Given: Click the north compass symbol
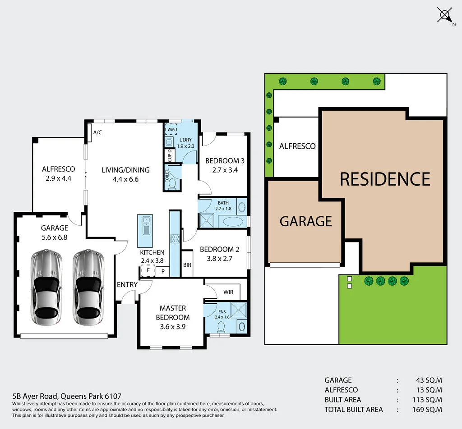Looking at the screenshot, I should (x=444, y=16).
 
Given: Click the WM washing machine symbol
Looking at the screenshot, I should (x=171, y=130).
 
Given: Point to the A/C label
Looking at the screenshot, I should (x=97, y=132).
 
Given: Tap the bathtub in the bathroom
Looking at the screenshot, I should (x=232, y=222).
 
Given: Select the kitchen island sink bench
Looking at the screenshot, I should (x=145, y=224).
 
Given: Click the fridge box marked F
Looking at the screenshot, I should (x=147, y=270).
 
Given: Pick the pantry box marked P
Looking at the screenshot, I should (x=163, y=271).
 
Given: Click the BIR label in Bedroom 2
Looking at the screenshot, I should (x=187, y=265).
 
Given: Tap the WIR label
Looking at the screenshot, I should (x=228, y=292).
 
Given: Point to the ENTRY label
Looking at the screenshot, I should (x=127, y=285).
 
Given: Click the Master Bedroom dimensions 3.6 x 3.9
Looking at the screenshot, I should (x=173, y=327).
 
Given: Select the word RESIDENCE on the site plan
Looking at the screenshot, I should (x=385, y=179).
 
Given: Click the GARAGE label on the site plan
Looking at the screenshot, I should (x=305, y=221).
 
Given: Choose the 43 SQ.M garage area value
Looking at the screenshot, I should (x=429, y=380).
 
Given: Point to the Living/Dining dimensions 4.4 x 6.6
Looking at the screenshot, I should (x=125, y=179).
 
